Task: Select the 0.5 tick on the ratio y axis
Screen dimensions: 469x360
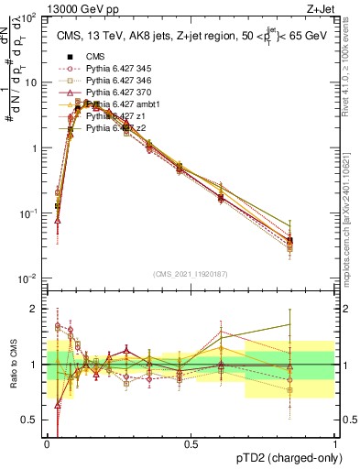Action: click(x=32, y=420)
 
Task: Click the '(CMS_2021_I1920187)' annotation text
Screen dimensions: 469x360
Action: click(x=191, y=274)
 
